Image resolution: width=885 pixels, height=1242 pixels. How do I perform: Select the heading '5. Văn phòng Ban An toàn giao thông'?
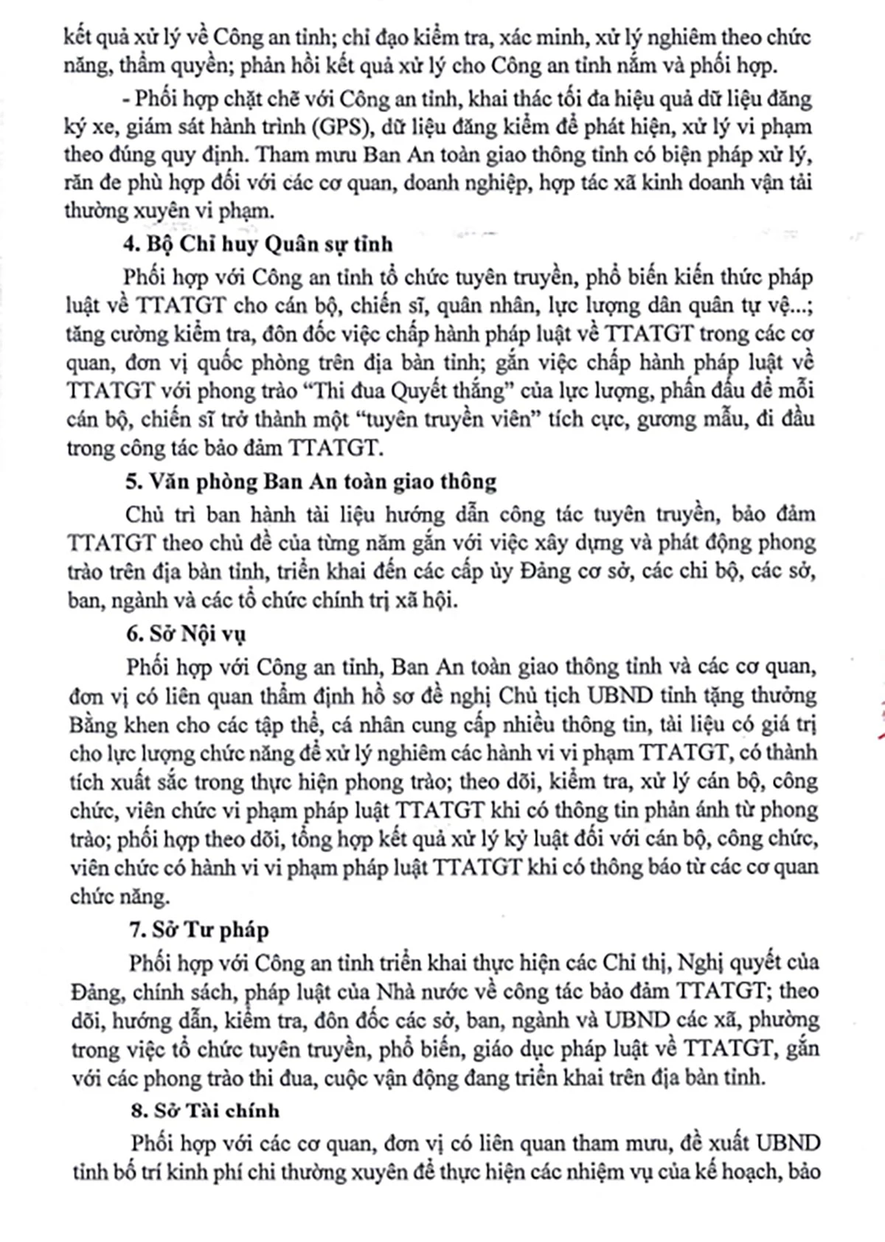click(x=310, y=482)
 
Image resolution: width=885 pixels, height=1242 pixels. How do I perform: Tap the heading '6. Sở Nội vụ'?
click(x=187, y=634)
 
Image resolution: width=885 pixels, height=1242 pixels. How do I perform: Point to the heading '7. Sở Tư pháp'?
click(x=198, y=930)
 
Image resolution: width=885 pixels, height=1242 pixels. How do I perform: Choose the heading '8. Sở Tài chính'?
click(x=204, y=1110)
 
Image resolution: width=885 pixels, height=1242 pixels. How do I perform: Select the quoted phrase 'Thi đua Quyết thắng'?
click(x=402, y=390)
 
